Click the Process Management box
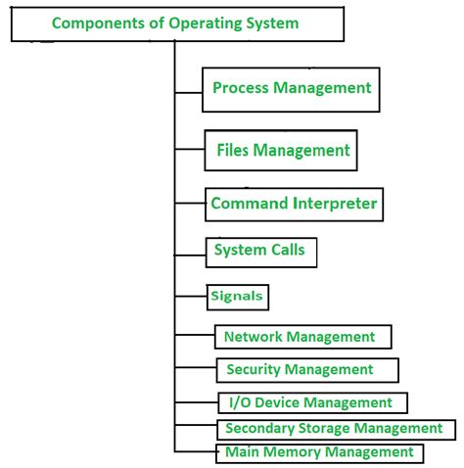[291, 90]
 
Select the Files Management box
[281, 150]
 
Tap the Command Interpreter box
[294, 205]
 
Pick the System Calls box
[261, 253]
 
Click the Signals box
[238, 297]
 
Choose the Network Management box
[302, 337]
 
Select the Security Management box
[307, 370]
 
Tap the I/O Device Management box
[312, 402]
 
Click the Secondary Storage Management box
[336, 430]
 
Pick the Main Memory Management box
[319, 453]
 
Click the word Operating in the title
[205, 23]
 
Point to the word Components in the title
[99, 23]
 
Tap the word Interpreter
[335, 204]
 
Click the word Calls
[288, 250]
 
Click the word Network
[253, 337]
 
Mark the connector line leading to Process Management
[188, 93]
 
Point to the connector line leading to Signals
[191, 297]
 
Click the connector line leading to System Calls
[190, 256]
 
